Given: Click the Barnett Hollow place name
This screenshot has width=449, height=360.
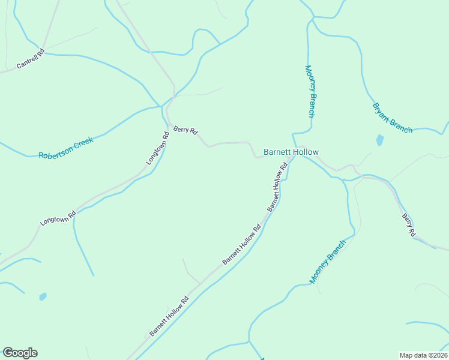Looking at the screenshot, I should pos(291,152).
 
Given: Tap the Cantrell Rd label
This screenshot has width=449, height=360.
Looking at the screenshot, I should pos(31,59).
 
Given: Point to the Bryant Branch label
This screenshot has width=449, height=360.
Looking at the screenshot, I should pos(392,118).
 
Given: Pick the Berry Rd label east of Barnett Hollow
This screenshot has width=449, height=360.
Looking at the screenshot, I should pos(408,225).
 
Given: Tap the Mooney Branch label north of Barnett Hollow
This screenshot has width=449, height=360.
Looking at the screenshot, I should pos(310,91).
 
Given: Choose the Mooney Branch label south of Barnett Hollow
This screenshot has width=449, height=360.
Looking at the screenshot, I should pos(328,262).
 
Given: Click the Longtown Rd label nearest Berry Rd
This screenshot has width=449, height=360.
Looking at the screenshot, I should pos(158,149).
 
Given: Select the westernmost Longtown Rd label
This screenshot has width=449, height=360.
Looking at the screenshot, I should pos(58,217).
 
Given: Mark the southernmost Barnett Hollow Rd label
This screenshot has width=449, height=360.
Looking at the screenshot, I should pos(169,316).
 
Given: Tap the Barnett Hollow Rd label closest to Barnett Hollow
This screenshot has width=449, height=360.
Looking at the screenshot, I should pos(277,187).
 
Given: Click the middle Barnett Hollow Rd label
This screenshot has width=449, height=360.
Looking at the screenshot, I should pos(242,244).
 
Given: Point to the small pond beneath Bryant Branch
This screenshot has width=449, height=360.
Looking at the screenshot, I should pos(379,140).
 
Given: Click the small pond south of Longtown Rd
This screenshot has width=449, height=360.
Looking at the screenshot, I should pos(43,296).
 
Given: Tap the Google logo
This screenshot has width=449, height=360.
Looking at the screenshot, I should pos(20,353).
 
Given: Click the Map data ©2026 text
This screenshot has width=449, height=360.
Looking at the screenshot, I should pos(423,355).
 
